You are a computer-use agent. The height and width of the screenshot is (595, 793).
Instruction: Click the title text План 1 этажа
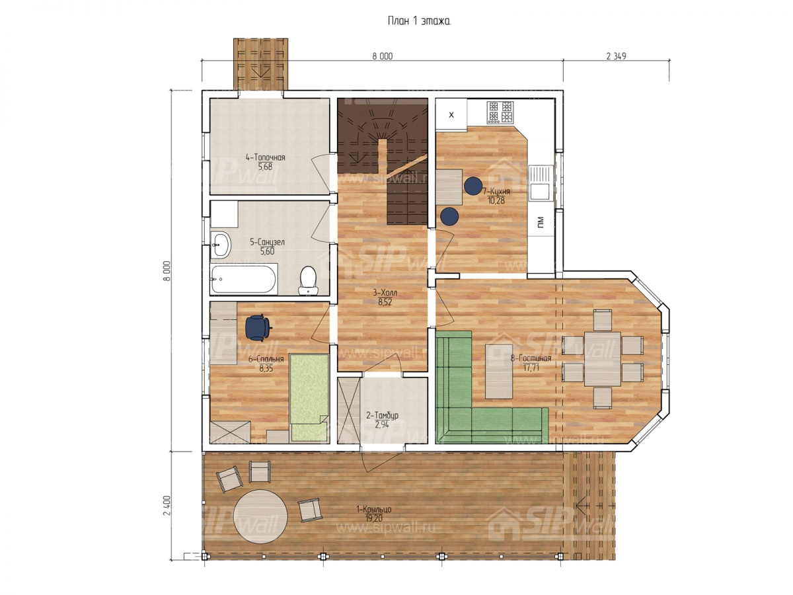(419, 21)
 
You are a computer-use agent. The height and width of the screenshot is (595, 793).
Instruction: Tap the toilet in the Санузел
(308, 280)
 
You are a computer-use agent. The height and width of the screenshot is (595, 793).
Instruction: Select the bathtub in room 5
(244, 279)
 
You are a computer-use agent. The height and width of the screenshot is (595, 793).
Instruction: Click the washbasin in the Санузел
(220, 245)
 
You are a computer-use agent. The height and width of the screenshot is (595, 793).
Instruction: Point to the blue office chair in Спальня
(258, 328)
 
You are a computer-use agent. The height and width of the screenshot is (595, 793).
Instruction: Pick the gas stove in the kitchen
(500, 112)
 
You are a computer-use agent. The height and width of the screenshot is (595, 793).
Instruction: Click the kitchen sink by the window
(541, 183)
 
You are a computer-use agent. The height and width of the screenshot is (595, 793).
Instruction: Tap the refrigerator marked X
(451, 114)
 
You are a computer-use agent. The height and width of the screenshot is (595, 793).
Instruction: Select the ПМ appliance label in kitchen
(541, 221)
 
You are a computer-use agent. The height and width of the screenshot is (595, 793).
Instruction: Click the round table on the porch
(260, 516)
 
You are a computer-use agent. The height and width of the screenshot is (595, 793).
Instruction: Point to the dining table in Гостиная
(602, 359)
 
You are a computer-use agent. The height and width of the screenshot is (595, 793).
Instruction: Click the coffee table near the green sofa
(498, 371)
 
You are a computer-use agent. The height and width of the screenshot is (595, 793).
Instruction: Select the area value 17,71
(531, 368)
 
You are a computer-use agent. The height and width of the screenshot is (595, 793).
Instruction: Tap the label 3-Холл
(385, 293)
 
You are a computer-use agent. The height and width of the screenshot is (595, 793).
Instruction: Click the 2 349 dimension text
(616, 56)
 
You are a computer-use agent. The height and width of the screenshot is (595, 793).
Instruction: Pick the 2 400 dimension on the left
(167, 506)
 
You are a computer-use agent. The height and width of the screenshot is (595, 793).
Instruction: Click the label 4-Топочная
(265, 157)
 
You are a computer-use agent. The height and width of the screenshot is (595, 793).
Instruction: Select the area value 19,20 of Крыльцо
(373, 518)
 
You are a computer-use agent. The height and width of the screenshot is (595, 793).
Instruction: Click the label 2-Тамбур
(382, 415)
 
